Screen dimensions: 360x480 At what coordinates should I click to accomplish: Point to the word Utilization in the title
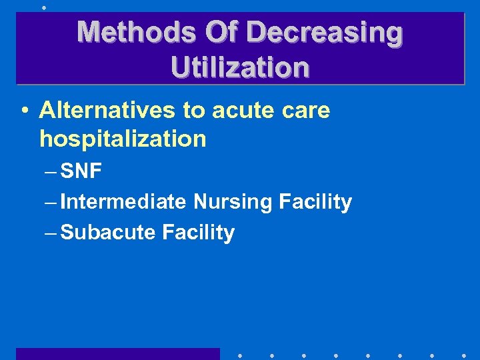click(240, 67)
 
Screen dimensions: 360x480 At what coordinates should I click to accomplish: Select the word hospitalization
click(123, 139)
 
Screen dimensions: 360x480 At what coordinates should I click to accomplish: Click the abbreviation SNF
click(81, 172)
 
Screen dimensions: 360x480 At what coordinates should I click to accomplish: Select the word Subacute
click(108, 232)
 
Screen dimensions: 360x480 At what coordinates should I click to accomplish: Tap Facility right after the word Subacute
click(199, 232)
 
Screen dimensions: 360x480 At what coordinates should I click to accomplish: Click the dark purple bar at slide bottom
click(117, 353)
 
